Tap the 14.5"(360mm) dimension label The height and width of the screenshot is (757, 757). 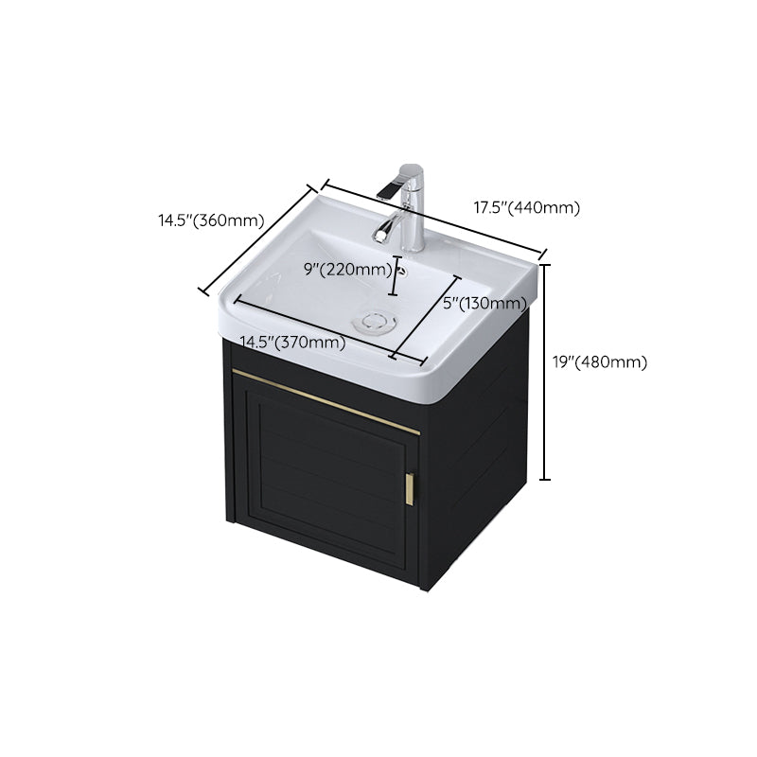[x=210, y=221]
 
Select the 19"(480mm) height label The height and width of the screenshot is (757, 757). [x=599, y=361]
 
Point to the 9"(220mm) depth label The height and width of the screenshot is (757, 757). [x=347, y=270]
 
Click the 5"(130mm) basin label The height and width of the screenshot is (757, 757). [x=484, y=304]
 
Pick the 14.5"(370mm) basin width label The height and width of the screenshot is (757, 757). [x=291, y=343]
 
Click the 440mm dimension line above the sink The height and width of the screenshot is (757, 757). [x=435, y=219]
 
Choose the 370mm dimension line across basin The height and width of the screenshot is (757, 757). [x=312, y=326]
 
